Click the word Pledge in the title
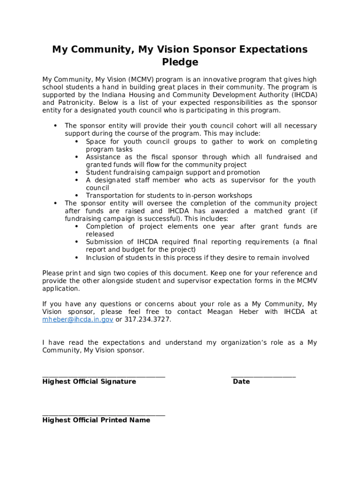pyautogui.click(x=180, y=62)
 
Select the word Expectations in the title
pyautogui.click(x=270, y=50)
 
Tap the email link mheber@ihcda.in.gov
pyautogui.click(x=78, y=319)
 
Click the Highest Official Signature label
pyautogui.click(x=89, y=382)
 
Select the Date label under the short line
pyautogui.click(x=241, y=382)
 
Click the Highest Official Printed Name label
pyautogui.click(x=96, y=420)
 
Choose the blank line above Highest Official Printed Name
pyautogui.click(x=103, y=414)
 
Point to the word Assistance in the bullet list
pyautogui.click(x=103, y=157)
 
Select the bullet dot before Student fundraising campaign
pyautogui.click(x=77, y=173)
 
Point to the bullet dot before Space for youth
pyautogui.click(x=77, y=142)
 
